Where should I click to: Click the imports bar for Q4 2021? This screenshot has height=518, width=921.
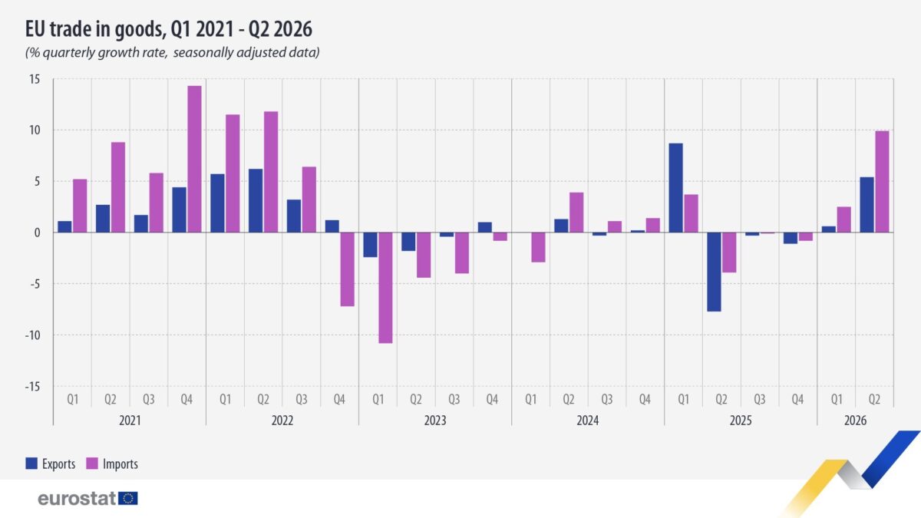coord(194,159)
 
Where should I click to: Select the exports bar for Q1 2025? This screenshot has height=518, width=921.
coord(676,188)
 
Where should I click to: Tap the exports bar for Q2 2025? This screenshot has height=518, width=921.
coord(715,272)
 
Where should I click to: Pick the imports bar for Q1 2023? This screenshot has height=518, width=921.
coord(385,288)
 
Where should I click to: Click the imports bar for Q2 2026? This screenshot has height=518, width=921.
coord(882,182)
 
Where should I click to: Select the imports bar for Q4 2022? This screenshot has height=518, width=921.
coord(348,269)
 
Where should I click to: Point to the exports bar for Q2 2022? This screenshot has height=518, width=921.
coord(256,200)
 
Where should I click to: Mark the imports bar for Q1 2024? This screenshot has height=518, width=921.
coord(538,247)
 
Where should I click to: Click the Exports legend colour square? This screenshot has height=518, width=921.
coord(31,464)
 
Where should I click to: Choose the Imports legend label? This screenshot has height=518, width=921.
coord(120,464)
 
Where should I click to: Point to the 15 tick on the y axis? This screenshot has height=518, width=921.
coord(35,79)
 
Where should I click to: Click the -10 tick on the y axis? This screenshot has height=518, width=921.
coord(32,335)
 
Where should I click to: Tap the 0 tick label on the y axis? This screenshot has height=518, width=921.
coord(38,233)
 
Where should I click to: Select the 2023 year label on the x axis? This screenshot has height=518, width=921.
coord(435,421)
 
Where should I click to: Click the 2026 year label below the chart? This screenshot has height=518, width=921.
coord(855,421)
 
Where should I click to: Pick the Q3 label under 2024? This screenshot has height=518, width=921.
coord(607,399)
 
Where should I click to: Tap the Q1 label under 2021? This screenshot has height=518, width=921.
coord(73,399)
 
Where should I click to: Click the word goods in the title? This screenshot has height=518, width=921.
coord(137,30)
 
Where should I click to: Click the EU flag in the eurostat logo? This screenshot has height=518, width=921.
coord(128,498)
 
